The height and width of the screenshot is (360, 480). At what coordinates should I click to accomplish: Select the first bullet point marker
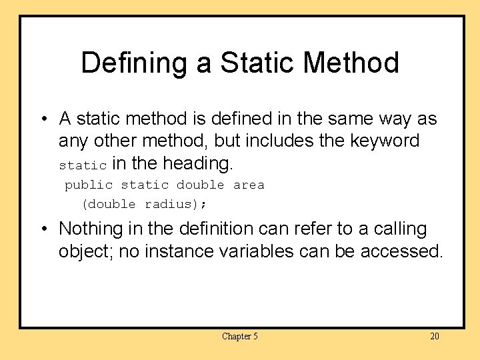(43, 120)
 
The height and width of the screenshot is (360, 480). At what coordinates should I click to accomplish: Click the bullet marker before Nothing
(43, 229)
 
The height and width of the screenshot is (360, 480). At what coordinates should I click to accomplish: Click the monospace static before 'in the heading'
(83, 165)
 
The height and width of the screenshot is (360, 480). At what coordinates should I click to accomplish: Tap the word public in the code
(89, 185)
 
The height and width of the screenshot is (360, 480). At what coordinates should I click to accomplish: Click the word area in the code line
(249, 185)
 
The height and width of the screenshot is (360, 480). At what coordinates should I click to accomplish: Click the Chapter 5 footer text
(240, 336)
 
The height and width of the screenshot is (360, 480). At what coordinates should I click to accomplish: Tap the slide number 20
(434, 336)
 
